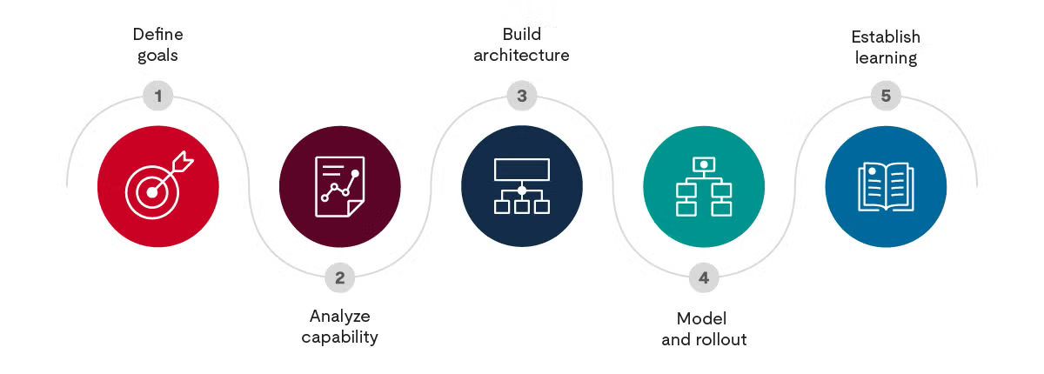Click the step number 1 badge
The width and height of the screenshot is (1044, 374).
158,96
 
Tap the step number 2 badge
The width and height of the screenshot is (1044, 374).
340,278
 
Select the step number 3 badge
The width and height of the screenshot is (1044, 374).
522,96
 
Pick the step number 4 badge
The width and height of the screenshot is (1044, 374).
704,278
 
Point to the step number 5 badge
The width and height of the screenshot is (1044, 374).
886,96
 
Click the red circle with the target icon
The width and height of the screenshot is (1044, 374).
158,187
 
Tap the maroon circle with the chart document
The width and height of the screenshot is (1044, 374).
340,187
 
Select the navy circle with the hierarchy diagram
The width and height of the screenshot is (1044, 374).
522,187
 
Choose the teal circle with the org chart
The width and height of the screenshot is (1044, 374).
704,187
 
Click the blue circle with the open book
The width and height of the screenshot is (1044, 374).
886,187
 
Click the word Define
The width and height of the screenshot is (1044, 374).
158,35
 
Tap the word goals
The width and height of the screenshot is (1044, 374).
158,57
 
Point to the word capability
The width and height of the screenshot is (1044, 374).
340,337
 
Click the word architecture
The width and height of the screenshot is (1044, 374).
522,56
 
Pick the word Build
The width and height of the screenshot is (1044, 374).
522,35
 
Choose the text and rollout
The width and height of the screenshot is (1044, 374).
704,339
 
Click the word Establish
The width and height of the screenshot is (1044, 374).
886,37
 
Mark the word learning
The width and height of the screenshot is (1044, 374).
886,58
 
